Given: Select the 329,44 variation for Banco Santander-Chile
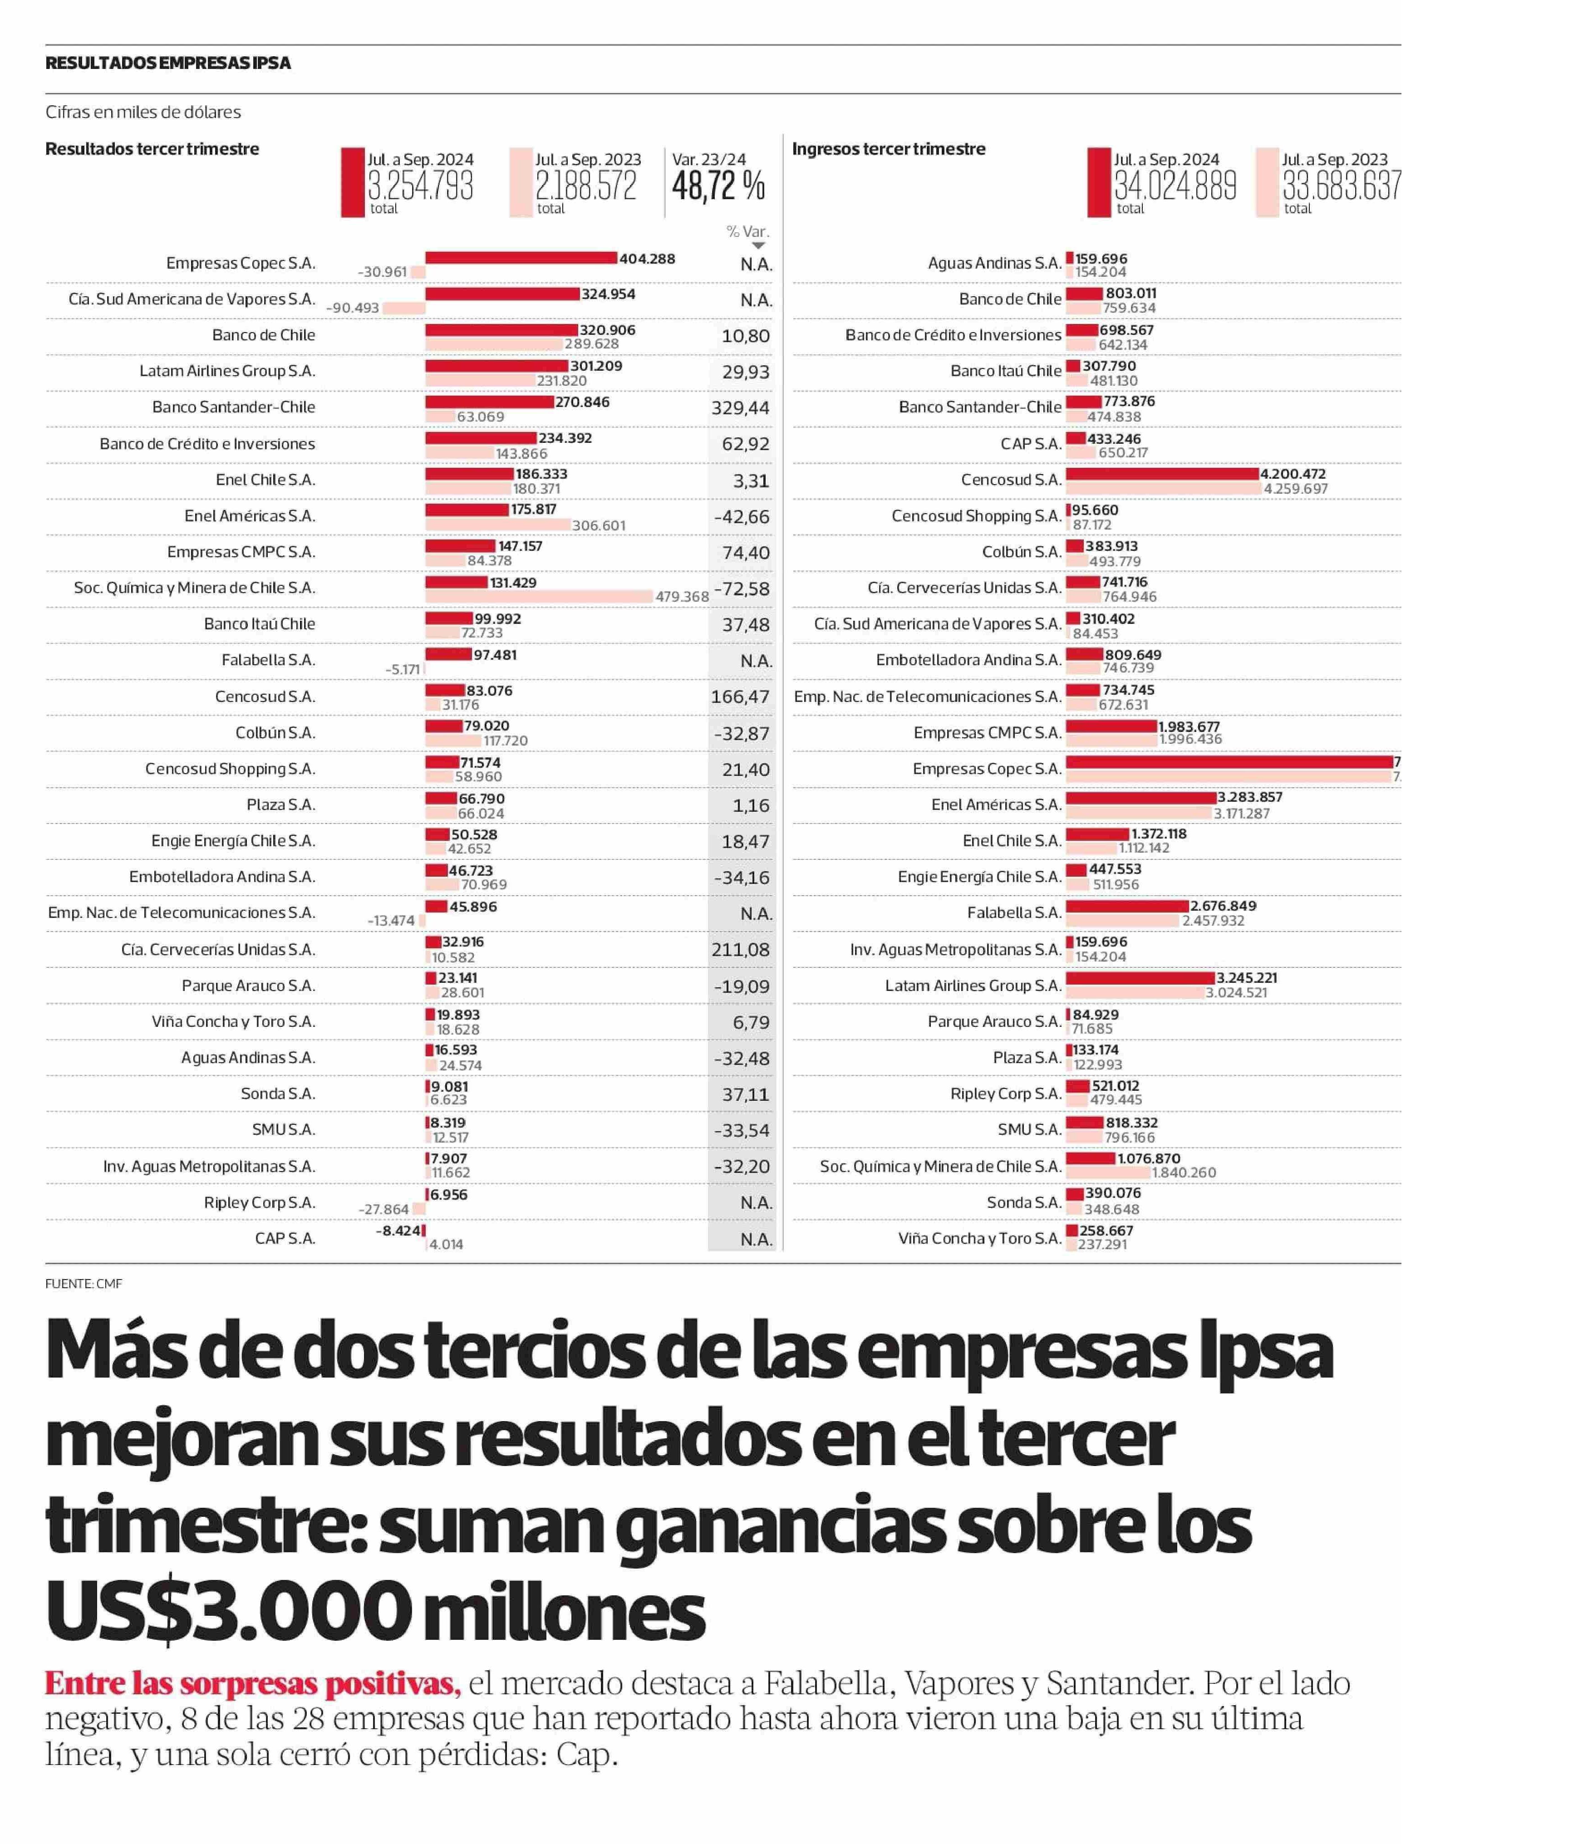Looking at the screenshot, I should click(x=740, y=407).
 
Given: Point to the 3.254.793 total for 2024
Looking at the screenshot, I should click(x=420, y=186).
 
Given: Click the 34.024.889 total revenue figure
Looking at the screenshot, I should click(x=1175, y=186).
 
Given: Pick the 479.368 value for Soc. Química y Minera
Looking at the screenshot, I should click(x=682, y=596).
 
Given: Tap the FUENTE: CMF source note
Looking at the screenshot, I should click(x=84, y=1283).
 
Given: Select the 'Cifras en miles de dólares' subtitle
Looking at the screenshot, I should click(x=143, y=112).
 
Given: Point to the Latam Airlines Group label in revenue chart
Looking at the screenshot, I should click(x=973, y=985).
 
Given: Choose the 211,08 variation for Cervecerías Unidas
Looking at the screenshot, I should click(x=740, y=950).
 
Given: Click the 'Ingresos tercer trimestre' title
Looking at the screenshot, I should click(x=888, y=149).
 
